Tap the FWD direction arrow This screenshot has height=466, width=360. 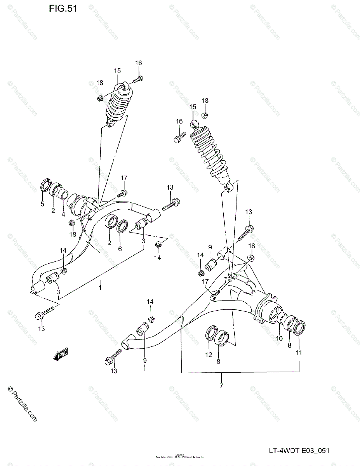(61, 354)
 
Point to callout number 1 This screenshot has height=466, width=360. (100, 288)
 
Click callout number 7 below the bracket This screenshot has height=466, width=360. (221, 386)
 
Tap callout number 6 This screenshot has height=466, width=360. (120, 248)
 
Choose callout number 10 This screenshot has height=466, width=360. (279, 338)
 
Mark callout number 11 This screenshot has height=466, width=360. (299, 353)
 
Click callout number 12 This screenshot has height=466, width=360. (209, 354)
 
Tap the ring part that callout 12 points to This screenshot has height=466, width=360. (210, 333)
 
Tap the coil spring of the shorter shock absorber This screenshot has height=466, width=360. (116, 106)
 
